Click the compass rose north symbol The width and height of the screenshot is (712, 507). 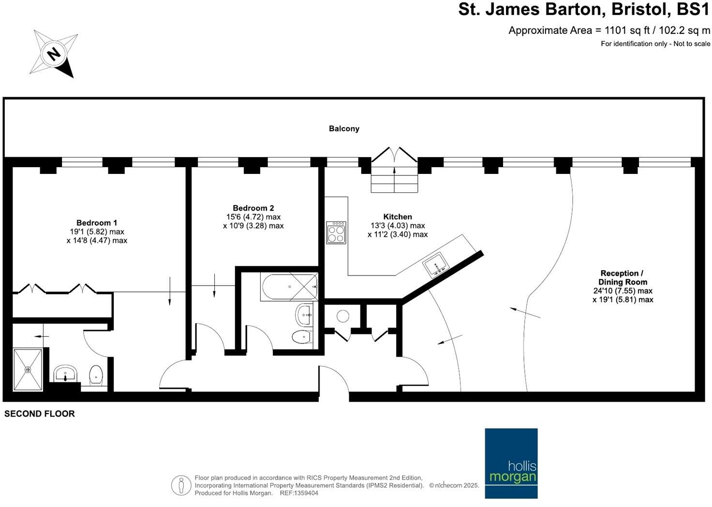tap(54, 53)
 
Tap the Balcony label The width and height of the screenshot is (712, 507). tap(344, 129)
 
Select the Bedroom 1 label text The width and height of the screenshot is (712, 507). tap(97, 223)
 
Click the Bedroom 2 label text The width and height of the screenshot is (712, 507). tap(253, 208)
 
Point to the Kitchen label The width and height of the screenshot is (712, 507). tap(397, 217)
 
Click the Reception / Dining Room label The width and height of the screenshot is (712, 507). tap(622, 277)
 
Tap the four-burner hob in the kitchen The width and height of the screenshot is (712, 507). tap(336, 232)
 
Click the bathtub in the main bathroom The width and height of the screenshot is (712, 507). tap(289, 287)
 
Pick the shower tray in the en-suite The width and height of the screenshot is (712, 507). tap(28, 370)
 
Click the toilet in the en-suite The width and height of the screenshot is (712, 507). tap(97, 375)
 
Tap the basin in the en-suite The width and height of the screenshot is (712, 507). tap(65, 373)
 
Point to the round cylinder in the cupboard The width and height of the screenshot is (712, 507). tap(342, 316)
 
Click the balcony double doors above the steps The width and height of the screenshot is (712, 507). tap(394, 155)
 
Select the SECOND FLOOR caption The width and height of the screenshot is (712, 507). tap(40, 414)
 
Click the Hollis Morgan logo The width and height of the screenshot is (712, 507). tap(511, 463)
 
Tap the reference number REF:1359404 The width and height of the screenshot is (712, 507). tap(298, 493)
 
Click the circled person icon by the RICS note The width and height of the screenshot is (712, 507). tap(181, 485)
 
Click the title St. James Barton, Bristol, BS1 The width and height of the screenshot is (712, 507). tap(584, 10)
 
